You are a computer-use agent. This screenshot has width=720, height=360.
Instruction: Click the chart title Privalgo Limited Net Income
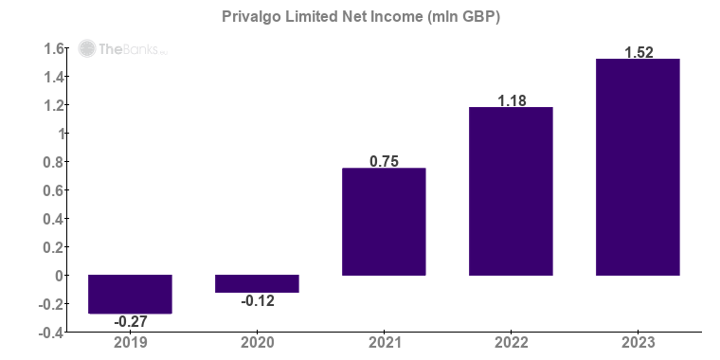pyautogui.click(x=361, y=17)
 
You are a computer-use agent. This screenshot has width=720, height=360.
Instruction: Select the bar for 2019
pyautogui.click(x=130, y=294)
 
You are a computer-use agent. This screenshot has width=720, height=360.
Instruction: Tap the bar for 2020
pyautogui.click(x=257, y=283)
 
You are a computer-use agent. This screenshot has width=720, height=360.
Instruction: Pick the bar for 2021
pyautogui.click(x=384, y=222)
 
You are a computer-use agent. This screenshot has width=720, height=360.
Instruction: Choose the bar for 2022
pyautogui.click(x=511, y=191)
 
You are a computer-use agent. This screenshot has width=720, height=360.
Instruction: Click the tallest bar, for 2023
pyautogui.click(x=638, y=167)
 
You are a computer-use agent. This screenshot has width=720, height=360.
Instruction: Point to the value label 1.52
pyautogui.click(x=638, y=52)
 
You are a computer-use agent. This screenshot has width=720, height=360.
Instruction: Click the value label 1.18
pyautogui.click(x=511, y=99)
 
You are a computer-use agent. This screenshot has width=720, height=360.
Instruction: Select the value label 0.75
pyautogui.click(x=384, y=161)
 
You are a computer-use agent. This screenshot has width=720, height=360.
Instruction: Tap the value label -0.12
pyautogui.click(x=257, y=300)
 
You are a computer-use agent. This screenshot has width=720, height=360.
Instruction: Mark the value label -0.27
pyautogui.click(x=130, y=321)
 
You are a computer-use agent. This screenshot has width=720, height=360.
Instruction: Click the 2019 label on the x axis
pyautogui.click(x=130, y=343)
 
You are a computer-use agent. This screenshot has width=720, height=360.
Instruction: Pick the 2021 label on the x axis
pyautogui.click(x=384, y=343)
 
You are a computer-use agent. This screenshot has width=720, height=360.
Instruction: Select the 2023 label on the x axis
pyautogui.click(x=638, y=343)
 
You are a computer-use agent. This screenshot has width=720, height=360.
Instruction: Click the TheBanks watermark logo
pyautogui.click(x=121, y=49)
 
